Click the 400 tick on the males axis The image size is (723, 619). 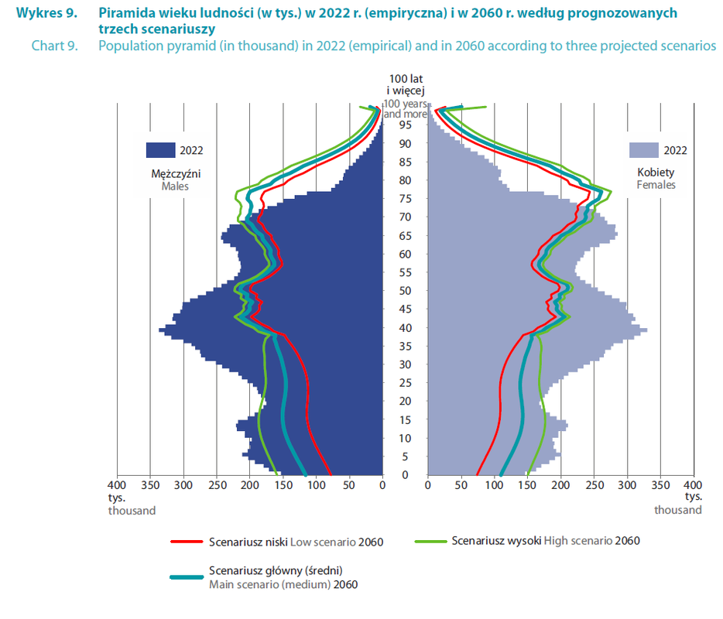[117, 486]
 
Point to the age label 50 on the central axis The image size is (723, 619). [405, 291]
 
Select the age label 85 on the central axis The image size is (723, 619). [405, 162]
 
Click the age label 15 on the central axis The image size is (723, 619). [405, 420]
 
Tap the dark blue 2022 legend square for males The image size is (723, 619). [160, 150]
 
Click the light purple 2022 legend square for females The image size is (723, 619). [643, 150]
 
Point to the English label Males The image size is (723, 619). [175, 186]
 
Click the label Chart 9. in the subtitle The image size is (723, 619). [55, 46]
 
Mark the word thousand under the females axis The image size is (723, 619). [678, 511]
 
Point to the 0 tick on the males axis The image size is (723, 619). [382, 486]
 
